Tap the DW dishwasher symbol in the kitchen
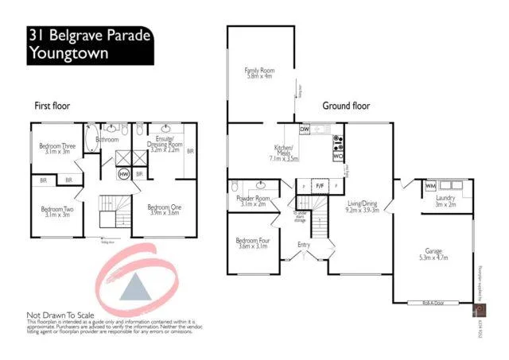point(305,129)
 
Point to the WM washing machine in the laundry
point(430,185)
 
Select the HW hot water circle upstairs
point(124,173)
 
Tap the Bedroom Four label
point(251,243)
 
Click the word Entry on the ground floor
point(303,244)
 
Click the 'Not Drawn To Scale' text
point(64,314)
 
